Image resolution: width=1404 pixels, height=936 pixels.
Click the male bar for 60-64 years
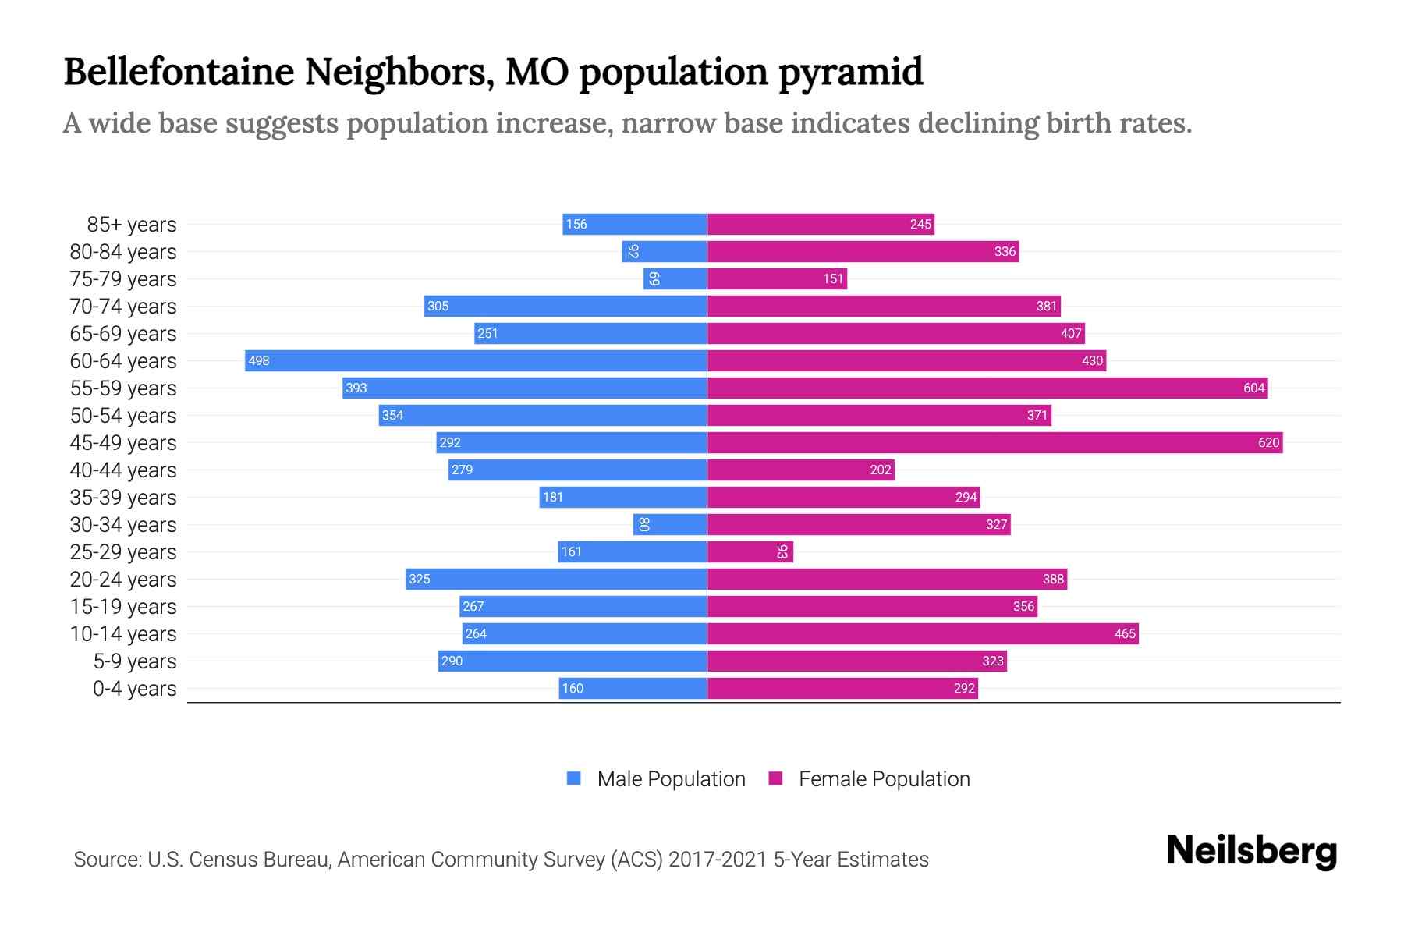pyautogui.click(x=476, y=360)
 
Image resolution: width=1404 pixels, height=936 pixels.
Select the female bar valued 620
pyautogui.click(x=994, y=442)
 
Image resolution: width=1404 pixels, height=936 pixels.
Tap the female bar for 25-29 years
pyautogui.click(x=750, y=551)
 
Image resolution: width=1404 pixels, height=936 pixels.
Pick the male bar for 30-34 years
pyautogui.click(x=670, y=524)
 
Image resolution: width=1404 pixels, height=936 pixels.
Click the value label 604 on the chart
pyautogui.click(x=1253, y=388)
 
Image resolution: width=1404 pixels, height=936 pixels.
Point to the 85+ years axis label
pyautogui.click(x=131, y=225)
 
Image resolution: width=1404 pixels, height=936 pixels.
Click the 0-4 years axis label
pyautogui.click(x=134, y=689)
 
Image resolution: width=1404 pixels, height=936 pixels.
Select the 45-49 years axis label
pyautogui.click(x=123, y=443)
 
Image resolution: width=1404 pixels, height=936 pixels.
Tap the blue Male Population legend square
pyautogui.click(x=574, y=778)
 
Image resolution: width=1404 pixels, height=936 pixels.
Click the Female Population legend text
pyautogui.click(x=884, y=779)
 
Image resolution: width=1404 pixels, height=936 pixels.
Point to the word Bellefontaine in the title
pyautogui.click(x=179, y=72)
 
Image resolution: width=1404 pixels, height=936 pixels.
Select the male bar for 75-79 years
pyautogui.click(x=675, y=278)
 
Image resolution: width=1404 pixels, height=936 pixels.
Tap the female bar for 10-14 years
pyautogui.click(x=923, y=633)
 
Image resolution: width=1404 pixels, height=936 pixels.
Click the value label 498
pyautogui.click(x=258, y=361)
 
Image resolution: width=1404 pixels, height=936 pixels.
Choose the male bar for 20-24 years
pyautogui.click(x=556, y=579)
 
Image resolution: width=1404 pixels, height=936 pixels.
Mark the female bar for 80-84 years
pyautogui.click(x=863, y=251)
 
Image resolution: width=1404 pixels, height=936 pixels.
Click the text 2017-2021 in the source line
pyautogui.click(x=718, y=860)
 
